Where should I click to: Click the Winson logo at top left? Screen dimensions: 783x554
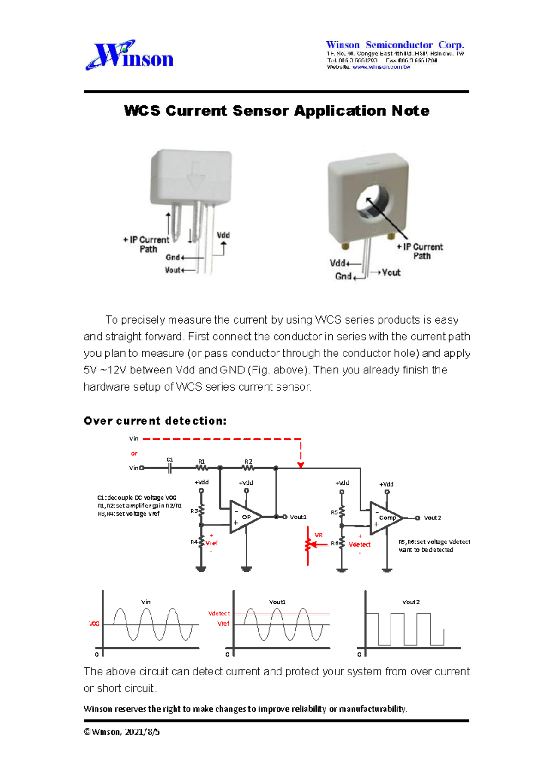(x=130, y=55)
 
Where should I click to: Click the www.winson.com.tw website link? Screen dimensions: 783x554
(x=381, y=67)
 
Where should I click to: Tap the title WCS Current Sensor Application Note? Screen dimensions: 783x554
(x=277, y=111)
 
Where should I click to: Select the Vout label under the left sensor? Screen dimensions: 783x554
(x=172, y=270)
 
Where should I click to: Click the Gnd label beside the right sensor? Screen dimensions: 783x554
(x=343, y=276)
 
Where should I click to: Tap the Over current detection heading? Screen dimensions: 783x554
(x=155, y=421)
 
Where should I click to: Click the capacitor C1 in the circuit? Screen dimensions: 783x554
(x=170, y=468)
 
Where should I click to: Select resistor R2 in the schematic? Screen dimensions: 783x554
(x=248, y=468)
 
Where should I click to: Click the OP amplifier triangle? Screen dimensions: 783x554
(x=245, y=517)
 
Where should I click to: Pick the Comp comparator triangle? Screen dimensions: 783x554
(x=386, y=518)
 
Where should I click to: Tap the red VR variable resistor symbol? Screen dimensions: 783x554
(x=308, y=545)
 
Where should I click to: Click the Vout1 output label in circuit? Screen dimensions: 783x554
(x=298, y=517)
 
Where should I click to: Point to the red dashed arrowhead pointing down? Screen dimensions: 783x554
(x=301, y=465)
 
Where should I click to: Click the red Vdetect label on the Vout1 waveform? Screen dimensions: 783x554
(x=219, y=614)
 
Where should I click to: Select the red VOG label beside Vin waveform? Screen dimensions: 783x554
(x=94, y=624)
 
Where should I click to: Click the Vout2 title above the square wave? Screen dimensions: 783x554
(x=411, y=602)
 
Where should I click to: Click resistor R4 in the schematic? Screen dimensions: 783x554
(x=201, y=542)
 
